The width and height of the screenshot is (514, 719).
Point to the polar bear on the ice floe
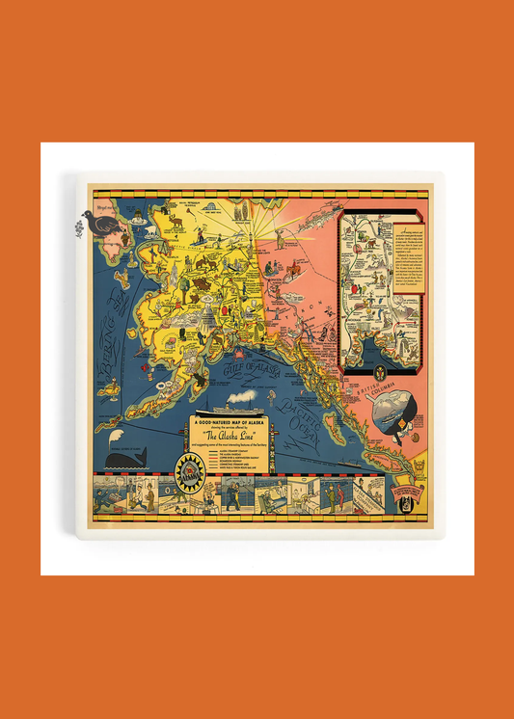(150, 231)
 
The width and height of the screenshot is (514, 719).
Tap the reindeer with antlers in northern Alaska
(175, 221)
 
